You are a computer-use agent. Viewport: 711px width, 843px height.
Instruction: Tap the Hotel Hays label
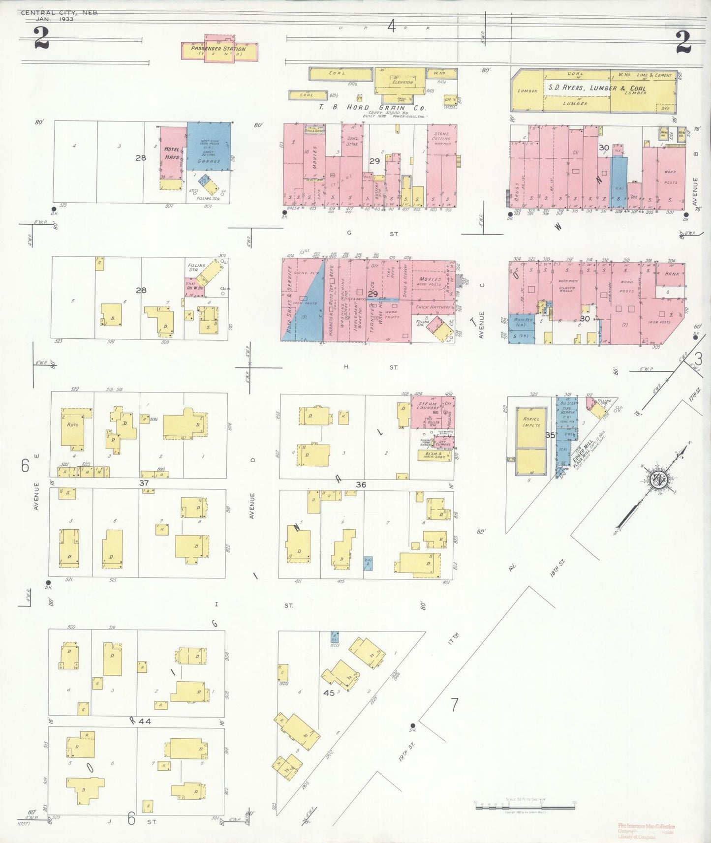point(172,153)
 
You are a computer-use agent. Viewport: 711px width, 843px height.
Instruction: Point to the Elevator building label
point(402,82)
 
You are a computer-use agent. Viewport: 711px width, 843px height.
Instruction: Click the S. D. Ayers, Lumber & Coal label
point(597,88)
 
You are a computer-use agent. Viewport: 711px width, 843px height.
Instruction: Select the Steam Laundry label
point(427,406)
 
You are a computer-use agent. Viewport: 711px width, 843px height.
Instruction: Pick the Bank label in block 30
point(672,273)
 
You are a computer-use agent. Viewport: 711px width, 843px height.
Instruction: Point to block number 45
point(329,692)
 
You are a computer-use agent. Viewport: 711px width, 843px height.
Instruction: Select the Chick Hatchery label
point(433,307)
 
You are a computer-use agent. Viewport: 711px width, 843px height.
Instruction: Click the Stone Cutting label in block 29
point(441,136)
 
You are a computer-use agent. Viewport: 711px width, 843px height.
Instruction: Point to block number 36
point(361,484)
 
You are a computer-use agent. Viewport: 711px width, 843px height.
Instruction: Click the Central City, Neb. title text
point(59,13)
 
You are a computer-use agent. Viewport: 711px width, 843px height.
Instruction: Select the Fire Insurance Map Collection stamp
point(647,826)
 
